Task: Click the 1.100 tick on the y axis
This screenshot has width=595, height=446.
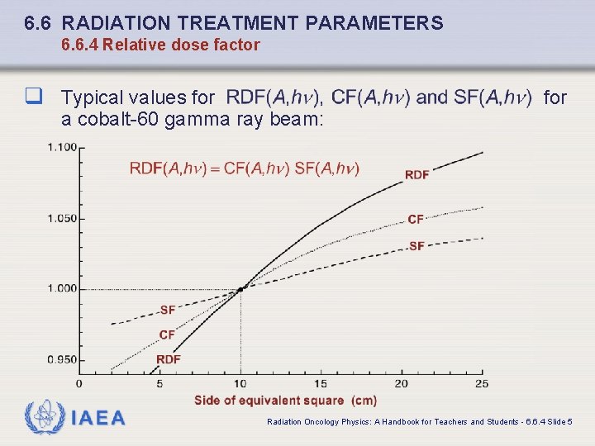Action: coord(62,147)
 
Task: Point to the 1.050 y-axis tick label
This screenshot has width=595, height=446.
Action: coord(62,218)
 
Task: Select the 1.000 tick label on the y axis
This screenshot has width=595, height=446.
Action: coord(62,288)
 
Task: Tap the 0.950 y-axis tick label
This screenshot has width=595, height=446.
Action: coord(62,359)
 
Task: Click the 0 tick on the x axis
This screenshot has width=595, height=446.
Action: coord(79,383)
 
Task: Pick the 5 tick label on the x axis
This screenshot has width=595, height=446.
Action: coord(159,383)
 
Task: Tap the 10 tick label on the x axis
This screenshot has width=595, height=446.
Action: coord(240,383)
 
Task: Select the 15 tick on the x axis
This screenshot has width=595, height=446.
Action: coord(321,383)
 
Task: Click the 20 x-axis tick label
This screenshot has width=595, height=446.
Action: coord(401,383)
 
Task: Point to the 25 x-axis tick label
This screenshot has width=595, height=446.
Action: coord(481,383)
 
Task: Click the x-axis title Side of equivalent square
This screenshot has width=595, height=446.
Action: coord(285,401)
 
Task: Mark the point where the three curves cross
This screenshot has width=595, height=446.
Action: coord(240,289)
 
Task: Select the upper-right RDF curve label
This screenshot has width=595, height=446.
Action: coord(416,174)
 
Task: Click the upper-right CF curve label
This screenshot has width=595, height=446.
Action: coord(416,219)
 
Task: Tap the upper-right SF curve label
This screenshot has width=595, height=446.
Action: coord(416,246)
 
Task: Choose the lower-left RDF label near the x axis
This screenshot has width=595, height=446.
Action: coord(168,359)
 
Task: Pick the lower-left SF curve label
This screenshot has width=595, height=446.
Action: coord(167,310)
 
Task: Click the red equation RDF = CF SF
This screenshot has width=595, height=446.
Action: coord(244,168)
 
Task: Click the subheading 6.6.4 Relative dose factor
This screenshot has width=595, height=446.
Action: coord(160,45)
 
